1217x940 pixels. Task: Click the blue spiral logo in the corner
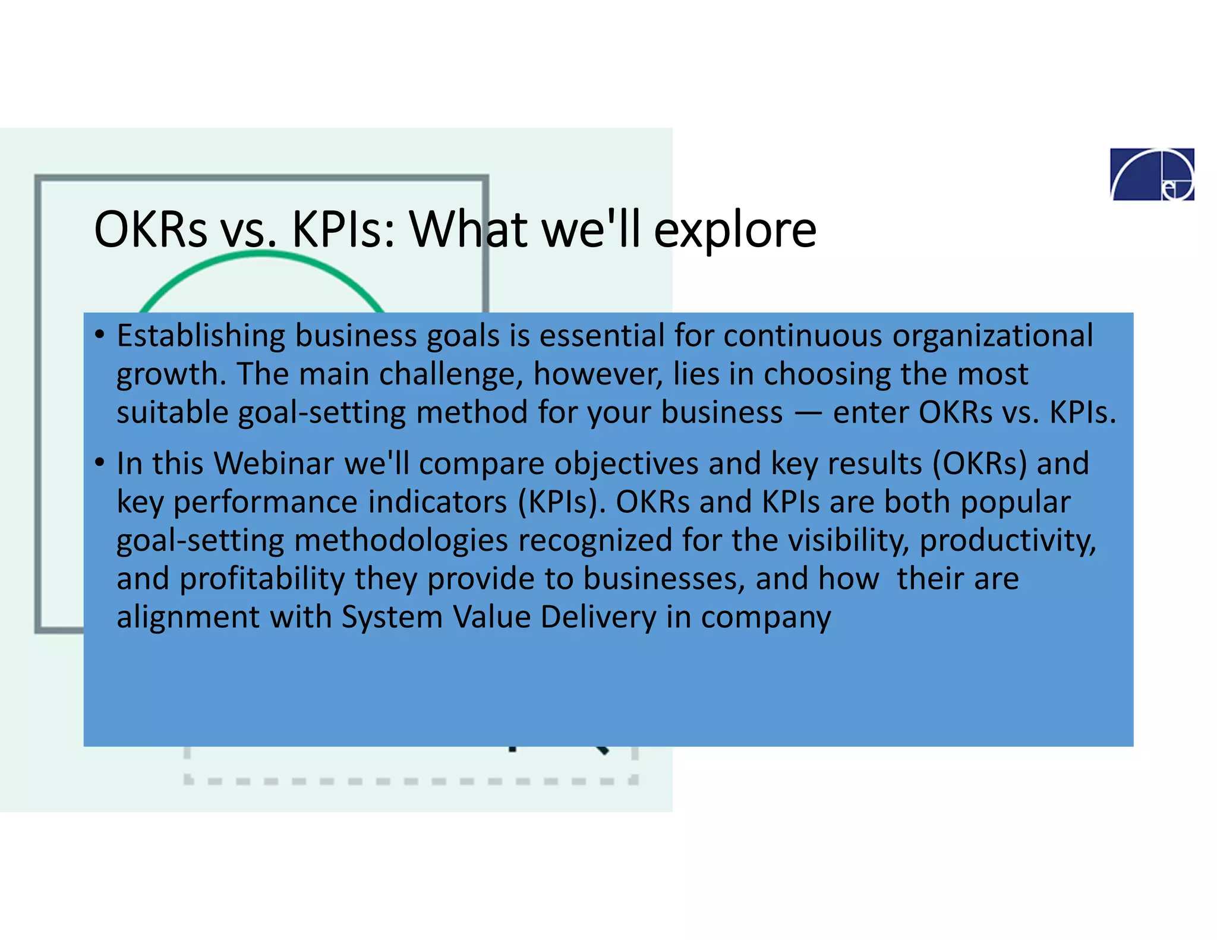1152,174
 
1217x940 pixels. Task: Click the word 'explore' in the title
735,229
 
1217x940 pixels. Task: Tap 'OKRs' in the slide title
150,229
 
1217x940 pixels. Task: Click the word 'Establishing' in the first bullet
201,336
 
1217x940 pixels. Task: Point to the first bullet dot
100,335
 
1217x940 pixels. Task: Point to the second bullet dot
100,462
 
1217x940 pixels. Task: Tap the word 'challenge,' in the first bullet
451,374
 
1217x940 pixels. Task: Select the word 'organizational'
992,336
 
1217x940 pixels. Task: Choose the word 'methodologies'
401,541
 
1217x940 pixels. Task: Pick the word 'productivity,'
1008,541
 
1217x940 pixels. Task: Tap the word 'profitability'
262,579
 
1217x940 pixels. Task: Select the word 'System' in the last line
392,617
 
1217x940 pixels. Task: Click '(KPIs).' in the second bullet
562,502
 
